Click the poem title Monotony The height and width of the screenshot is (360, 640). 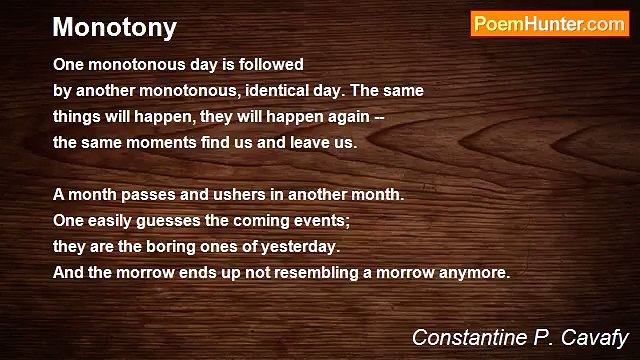pos(114,28)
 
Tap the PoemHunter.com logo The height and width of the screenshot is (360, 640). pos(549,25)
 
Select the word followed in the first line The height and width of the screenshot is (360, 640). pos(270,64)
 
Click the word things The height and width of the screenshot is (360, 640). pos(76,116)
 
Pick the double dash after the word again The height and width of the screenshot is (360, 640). pos(378,116)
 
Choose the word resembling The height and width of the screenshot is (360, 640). pos(300,272)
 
